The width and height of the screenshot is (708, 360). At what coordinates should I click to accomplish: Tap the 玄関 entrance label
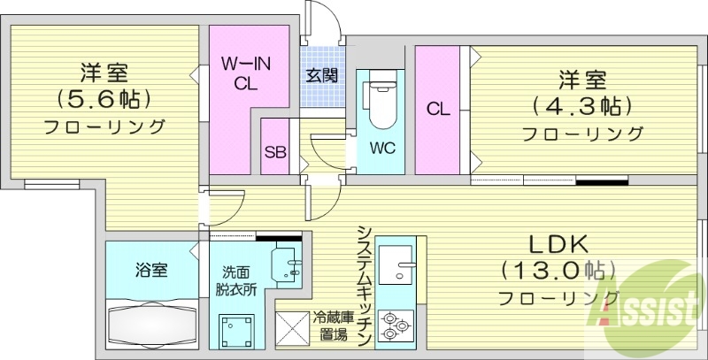[x=321, y=75]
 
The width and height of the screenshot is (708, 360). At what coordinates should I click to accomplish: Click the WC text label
[x=382, y=146]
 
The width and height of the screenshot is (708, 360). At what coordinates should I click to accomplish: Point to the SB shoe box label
[x=275, y=150]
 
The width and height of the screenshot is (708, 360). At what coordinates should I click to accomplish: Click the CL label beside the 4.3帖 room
[x=438, y=110]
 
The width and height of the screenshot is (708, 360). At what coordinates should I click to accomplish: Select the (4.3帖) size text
[x=581, y=106]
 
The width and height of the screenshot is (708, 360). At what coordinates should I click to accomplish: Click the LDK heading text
[x=558, y=243]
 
